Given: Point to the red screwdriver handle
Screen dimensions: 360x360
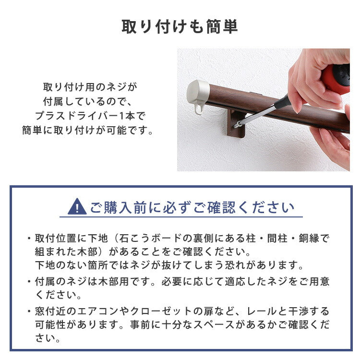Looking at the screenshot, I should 336,79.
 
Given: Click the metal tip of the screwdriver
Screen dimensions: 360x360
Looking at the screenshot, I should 237,125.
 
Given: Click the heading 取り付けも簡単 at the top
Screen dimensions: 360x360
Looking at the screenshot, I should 180,27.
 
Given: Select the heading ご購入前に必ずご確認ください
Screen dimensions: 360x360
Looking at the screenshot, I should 192,207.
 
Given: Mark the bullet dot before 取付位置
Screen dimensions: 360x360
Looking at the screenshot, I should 29,239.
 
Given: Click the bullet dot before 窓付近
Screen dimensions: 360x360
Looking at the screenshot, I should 29,312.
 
